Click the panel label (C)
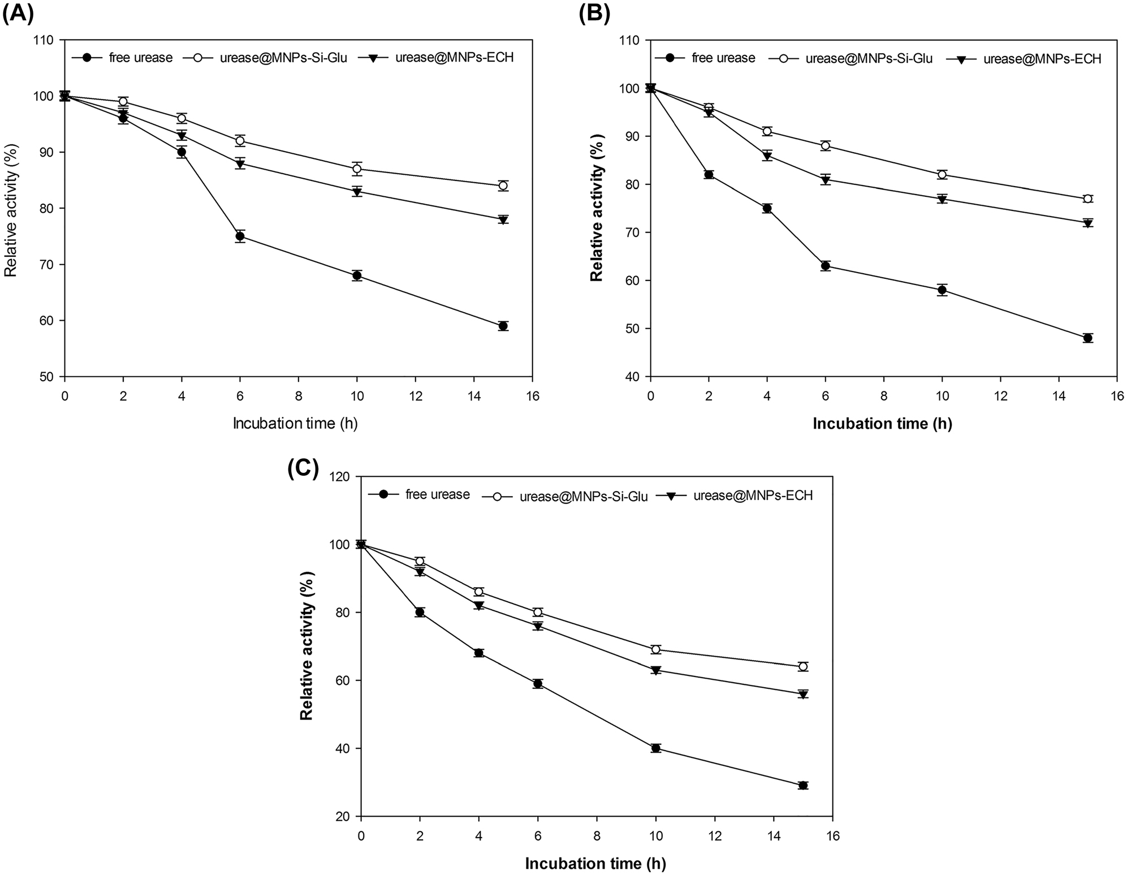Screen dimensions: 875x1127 point(303,469)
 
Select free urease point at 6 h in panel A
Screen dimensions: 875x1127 point(240,236)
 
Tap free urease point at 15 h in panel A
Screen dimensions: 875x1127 point(503,326)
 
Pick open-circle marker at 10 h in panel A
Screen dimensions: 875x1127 point(357,169)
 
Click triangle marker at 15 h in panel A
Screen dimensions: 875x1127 point(503,219)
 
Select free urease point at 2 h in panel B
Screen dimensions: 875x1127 point(709,174)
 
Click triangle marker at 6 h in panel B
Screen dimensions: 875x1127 point(826,180)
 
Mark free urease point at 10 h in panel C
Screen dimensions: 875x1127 point(656,748)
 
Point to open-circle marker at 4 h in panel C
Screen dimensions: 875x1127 point(479,592)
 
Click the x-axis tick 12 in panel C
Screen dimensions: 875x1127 point(715,835)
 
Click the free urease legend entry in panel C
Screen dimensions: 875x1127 point(437,494)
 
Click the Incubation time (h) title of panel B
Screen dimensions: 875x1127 point(882,424)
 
